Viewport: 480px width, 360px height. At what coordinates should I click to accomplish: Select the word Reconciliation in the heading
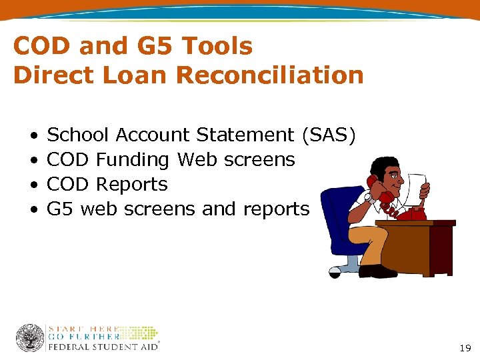pyautogui.click(x=270, y=75)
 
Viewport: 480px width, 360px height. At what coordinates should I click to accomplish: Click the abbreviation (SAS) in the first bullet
pyautogui.click(x=328, y=135)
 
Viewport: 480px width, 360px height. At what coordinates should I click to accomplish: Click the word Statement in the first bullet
pyautogui.click(x=245, y=135)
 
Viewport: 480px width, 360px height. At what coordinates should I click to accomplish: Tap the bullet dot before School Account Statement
pyautogui.click(x=33, y=136)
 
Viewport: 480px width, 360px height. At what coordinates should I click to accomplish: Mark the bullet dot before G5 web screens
pyautogui.click(x=33, y=210)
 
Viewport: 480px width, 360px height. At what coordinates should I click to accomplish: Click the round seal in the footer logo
pyautogui.click(x=30, y=338)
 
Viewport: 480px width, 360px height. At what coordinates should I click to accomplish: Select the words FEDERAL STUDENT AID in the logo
pyautogui.click(x=103, y=347)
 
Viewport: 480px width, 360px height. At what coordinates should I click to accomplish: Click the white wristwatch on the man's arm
pyautogui.click(x=367, y=197)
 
